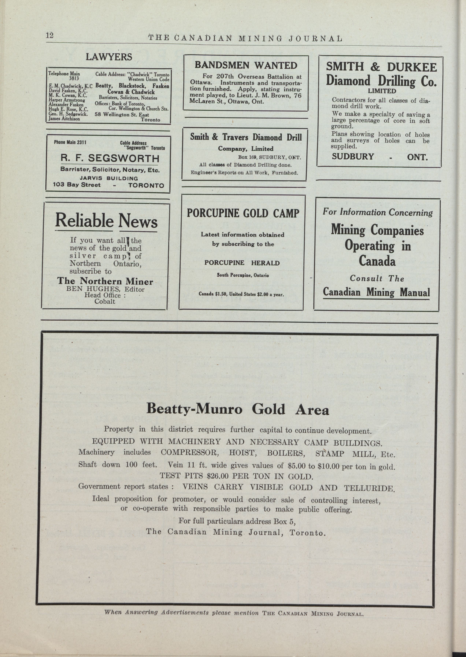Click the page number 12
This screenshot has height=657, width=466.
coord(49,35)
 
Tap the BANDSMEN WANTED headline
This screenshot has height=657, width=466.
coord(246,65)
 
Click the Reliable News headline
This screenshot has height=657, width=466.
coord(106,221)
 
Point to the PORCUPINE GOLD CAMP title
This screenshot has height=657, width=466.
coord(243,213)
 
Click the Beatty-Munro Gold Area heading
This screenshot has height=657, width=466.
coord(238,409)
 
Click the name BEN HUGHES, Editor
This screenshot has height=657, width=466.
coord(105,289)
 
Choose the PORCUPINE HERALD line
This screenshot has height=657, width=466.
coord(242,263)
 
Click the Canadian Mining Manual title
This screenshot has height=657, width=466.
coord(376,292)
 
